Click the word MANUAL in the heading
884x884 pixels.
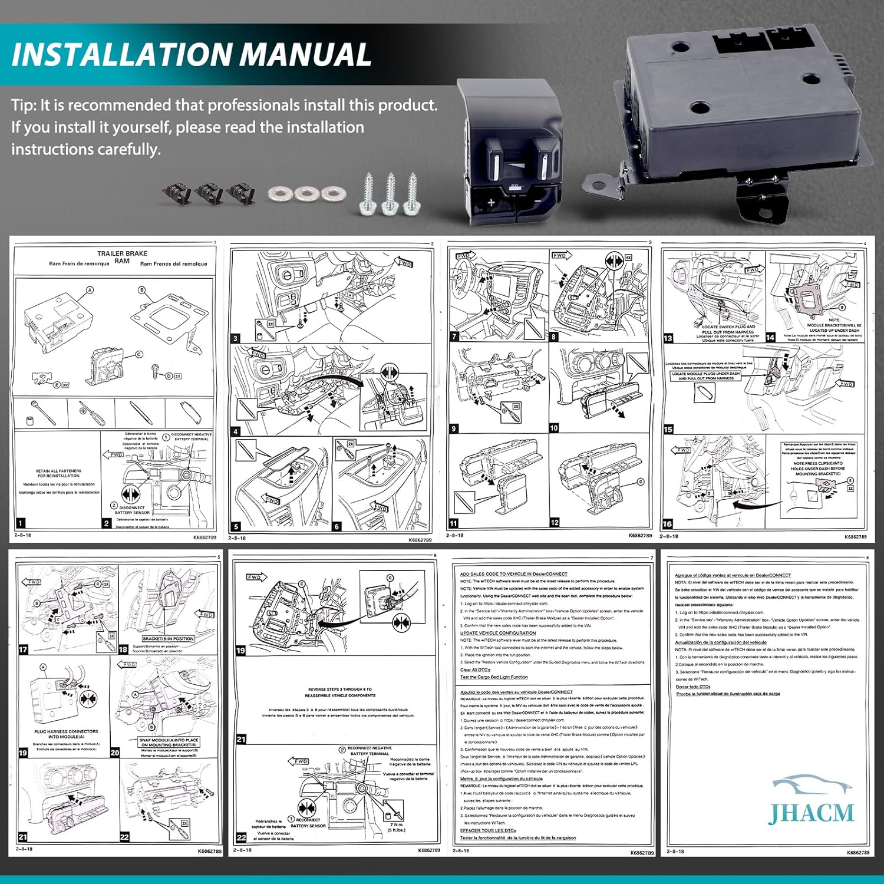point(304,54)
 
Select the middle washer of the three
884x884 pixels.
point(305,193)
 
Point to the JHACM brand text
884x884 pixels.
point(811,813)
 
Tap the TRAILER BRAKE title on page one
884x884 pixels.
point(122,253)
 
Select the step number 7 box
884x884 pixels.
point(454,337)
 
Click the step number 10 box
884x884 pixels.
point(554,428)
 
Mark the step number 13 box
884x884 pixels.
point(668,338)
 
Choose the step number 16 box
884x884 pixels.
point(667,523)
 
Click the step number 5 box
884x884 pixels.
point(236,526)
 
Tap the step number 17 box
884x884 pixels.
point(23,649)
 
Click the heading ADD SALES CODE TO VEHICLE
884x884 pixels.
point(513,573)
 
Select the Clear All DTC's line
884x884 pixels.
point(475,669)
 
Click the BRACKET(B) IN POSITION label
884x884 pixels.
point(168,639)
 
